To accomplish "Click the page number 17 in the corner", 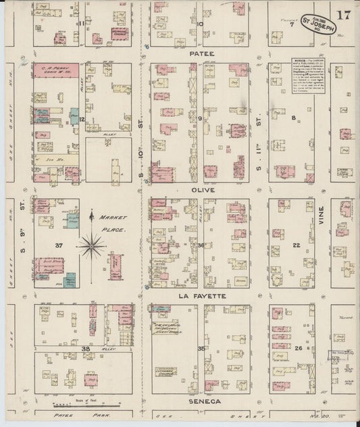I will point(344,14).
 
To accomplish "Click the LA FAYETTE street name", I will point(201,296).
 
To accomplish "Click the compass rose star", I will point(91,245).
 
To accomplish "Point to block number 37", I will point(59,245).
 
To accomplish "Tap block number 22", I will point(296,245).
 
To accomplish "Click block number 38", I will point(85,349).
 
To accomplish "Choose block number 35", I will point(201,349).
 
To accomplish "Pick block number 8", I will point(293,118).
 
